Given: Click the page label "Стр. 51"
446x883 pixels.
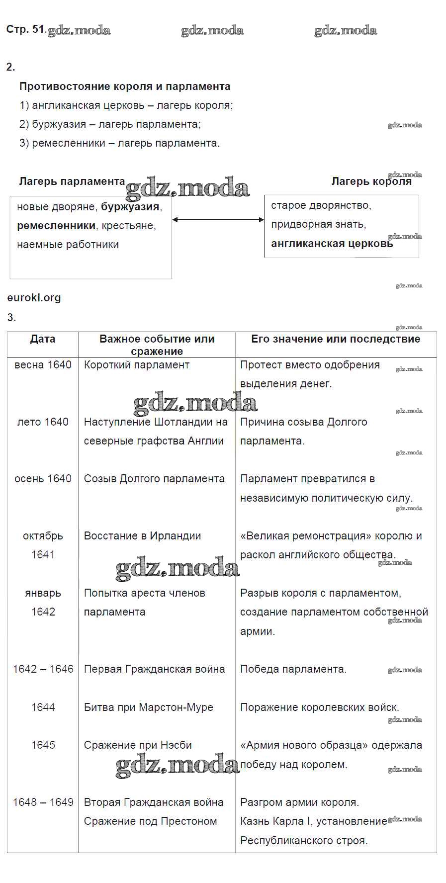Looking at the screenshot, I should [x=25, y=29].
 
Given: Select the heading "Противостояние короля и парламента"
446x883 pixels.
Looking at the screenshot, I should [x=125, y=87].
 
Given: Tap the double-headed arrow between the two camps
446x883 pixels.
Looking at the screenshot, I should [x=218, y=219].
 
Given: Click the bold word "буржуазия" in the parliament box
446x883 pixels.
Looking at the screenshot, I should [x=130, y=207].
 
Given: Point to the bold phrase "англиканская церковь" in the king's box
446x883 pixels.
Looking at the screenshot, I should [x=332, y=244].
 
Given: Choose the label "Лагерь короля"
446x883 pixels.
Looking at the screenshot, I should [x=371, y=181].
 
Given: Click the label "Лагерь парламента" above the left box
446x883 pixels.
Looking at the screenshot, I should [x=72, y=181].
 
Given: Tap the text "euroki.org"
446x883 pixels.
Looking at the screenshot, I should [x=34, y=298].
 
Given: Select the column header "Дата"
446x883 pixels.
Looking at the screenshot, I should [x=43, y=339].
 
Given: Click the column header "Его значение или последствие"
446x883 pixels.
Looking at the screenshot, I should [x=336, y=339].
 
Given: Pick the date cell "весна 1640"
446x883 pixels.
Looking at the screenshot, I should [x=43, y=365].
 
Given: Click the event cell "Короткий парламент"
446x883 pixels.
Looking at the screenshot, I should [x=137, y=365].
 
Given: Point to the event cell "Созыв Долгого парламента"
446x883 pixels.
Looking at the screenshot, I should [x=154, y=479].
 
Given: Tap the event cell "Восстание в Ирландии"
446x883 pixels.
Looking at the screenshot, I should [x=142, y=536].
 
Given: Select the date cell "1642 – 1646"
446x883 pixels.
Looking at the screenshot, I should [x=43, y=669].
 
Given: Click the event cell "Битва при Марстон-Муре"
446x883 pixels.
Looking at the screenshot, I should [x=148, y=707].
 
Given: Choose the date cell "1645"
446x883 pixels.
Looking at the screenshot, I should [x=43, y=745].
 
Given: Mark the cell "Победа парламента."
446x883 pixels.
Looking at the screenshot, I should [x=293, y=669].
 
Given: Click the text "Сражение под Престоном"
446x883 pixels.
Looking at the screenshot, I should [x=150, y=821].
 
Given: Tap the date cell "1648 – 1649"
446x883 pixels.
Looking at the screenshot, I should [x=43, y=802].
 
